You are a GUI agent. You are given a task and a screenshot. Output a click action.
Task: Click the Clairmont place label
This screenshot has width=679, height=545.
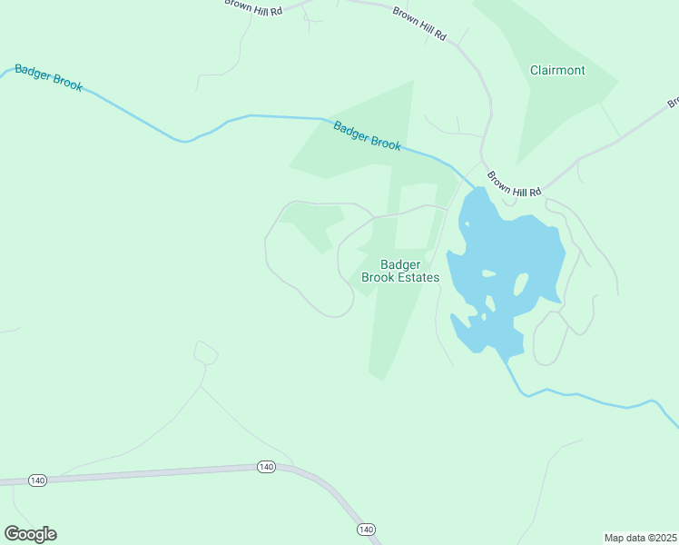[557, 70]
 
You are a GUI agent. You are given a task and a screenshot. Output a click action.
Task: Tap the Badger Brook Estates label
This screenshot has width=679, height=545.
[400, 271]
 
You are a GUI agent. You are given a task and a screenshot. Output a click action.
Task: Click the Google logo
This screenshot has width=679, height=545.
[30, 534]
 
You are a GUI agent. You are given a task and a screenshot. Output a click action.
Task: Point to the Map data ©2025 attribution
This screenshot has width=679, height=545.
[641, 538]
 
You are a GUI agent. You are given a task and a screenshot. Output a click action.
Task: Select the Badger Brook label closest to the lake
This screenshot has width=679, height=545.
[367, 136]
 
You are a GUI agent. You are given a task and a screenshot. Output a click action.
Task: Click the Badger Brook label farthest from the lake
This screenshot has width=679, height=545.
[49, 78]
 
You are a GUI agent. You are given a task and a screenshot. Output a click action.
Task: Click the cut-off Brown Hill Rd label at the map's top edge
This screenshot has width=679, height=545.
[253, 5]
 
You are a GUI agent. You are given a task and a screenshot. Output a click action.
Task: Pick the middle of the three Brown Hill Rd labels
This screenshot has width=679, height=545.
[420, 24]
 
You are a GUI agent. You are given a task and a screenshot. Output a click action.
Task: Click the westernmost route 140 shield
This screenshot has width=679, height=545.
[37, 481]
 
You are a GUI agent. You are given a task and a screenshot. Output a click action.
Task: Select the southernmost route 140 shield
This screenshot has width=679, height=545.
[366, 529]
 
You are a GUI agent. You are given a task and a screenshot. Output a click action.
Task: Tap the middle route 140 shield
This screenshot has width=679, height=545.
[265, 467]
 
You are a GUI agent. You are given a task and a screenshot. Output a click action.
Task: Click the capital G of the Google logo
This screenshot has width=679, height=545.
[13, 533]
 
